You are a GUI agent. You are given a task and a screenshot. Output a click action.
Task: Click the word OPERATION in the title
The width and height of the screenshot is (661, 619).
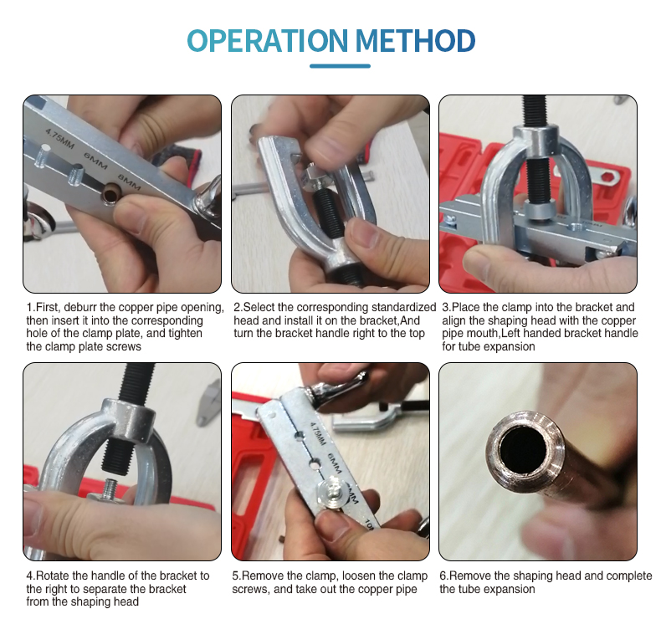tap(267, 41)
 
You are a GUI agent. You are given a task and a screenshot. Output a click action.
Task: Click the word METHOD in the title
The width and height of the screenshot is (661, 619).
tap(416, 41)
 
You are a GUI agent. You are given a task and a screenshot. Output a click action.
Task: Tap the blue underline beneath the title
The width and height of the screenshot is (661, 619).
tap(340, 66)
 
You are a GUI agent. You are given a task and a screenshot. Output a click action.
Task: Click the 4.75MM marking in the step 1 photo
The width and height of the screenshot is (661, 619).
tap(60, 139)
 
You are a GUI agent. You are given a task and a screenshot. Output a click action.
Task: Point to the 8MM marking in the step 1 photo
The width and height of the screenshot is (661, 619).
tap(129, 182)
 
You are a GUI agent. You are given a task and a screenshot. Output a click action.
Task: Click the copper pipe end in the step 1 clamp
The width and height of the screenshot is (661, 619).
tap(110, 193)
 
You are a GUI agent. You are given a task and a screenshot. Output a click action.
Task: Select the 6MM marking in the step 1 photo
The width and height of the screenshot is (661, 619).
tap(95, 161)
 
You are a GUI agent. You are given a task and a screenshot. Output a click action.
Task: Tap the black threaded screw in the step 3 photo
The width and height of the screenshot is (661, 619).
tap(536, 156)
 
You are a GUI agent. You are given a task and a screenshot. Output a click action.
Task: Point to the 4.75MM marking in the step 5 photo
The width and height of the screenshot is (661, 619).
tap(318, 433)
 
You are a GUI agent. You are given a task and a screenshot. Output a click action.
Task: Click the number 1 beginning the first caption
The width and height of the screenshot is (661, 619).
tap(29, 307)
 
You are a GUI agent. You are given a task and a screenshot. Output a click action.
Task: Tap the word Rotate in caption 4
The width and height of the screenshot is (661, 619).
tap(53, 576)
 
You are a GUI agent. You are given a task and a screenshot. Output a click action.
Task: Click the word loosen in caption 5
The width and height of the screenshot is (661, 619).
tap(358, 576)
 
